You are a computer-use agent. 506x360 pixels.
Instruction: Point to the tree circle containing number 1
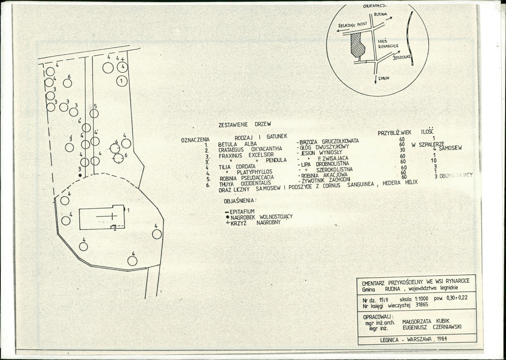122,80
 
